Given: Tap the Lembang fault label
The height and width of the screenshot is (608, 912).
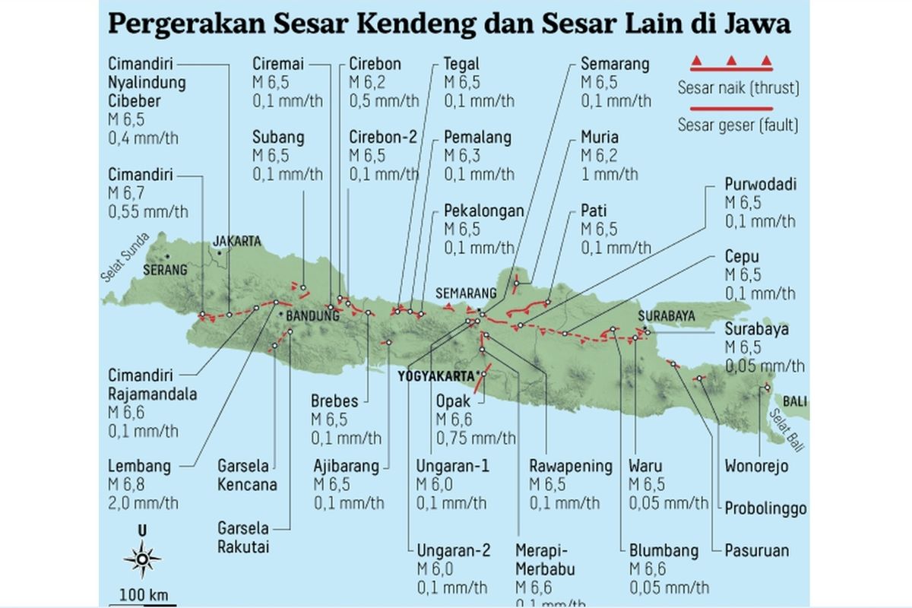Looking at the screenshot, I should tap(140, 465).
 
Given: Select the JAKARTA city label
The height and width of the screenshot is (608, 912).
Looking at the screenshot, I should tap(236, 241).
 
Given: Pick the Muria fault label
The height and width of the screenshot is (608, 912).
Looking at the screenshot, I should tap(600, 138).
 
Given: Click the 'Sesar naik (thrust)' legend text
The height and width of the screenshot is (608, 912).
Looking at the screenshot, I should tap(739, 88).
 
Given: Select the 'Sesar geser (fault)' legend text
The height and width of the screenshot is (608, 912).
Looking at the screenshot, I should tap(738, 124).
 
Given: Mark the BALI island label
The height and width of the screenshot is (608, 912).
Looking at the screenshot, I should tap(796, 401).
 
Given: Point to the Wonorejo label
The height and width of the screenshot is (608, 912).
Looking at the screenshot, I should tap(756, 465).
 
